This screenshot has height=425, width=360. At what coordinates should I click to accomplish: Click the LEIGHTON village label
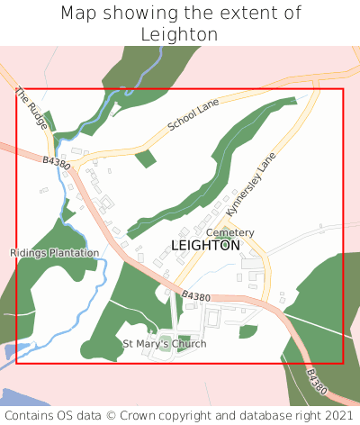click(205, 245)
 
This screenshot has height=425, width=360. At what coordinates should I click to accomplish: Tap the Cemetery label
click(230, 232)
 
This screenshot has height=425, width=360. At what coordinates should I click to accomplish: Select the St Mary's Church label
click(165, 344)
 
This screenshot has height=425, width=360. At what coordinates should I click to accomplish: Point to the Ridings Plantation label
click(54, 253)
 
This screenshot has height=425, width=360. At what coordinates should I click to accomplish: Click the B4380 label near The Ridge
click(56, 163)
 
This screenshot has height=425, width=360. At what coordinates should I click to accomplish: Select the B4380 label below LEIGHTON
click(195, 297)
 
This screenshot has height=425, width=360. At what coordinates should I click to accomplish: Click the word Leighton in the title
click(180, 34)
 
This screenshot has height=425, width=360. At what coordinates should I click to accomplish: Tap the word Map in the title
click(78, 14)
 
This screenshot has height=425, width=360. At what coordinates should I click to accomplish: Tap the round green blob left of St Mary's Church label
click(91, 348)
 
